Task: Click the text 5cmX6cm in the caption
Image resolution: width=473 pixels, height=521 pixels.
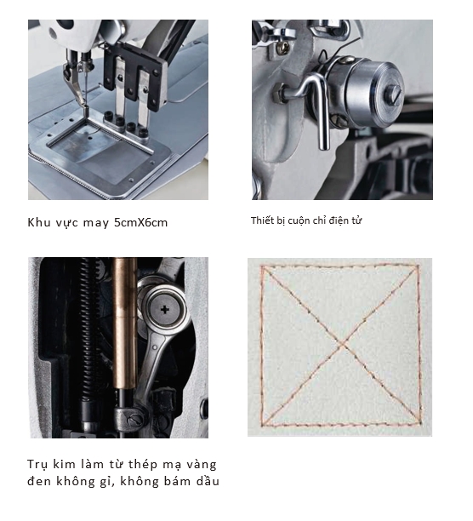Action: pyautogui.click(x=140, y=222)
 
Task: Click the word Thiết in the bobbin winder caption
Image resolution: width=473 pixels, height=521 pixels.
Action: pyautogui.click(x=261, y=220)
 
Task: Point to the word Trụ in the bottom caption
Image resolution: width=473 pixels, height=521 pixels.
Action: pyautogui.click(x=37, y=464)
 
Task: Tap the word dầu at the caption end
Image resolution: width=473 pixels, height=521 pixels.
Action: pyautogui.click(x=208, y=481)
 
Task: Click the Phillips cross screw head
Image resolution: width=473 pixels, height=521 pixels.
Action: pyautogui.click(x=165, y=311)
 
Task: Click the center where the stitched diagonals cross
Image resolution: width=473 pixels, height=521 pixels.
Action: pyautogui.click(x=342, y=346)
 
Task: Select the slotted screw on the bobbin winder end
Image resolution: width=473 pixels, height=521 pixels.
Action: pyautogui.click(x=395, y=94)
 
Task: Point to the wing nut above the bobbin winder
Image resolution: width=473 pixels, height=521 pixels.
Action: pyautogui.click(x=281, y=34)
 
